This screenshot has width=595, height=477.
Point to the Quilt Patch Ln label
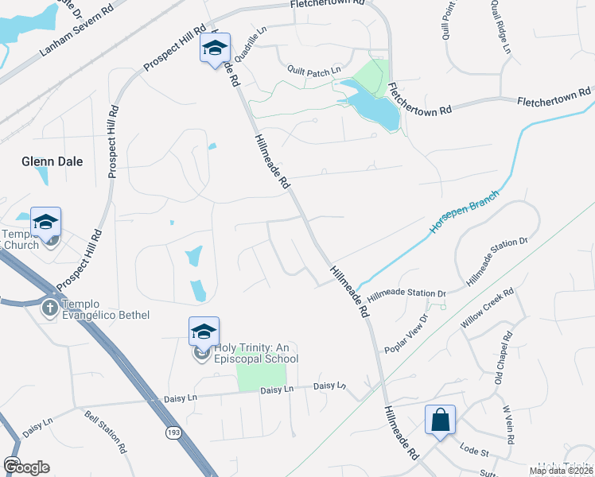tap(314, 70)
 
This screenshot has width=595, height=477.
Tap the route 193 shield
tap(172, 432)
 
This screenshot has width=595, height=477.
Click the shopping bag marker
tap(440, 419)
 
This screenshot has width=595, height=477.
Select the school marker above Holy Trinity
tap(204, 331)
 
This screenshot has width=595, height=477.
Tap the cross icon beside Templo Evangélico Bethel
tap(49, 308)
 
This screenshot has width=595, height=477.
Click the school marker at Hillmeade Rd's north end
tap(215, 48)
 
